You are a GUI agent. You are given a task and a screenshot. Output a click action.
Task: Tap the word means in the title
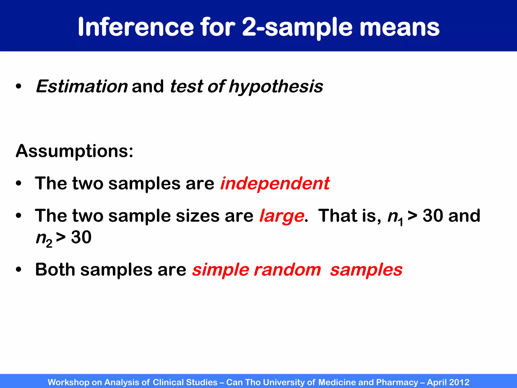tap(399, 27)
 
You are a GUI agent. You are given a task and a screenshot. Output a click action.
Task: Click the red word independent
tap(275, 183)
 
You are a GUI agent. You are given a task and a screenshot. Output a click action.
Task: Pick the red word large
tap(281, 216)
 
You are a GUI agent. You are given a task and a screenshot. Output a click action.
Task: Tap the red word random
tap(287, 270)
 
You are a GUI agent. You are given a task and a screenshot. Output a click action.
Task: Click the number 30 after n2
tap(81, 237)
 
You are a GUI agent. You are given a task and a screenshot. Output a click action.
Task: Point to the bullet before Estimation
tap(18, 87)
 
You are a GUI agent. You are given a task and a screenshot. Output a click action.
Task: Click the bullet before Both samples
tap(18, 270)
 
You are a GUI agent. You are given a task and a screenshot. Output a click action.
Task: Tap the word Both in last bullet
tap(55, 270)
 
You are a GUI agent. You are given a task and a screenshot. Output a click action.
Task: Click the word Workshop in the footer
tap(68, 382)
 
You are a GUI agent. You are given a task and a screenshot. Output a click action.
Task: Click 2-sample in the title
tap(296, 27)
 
